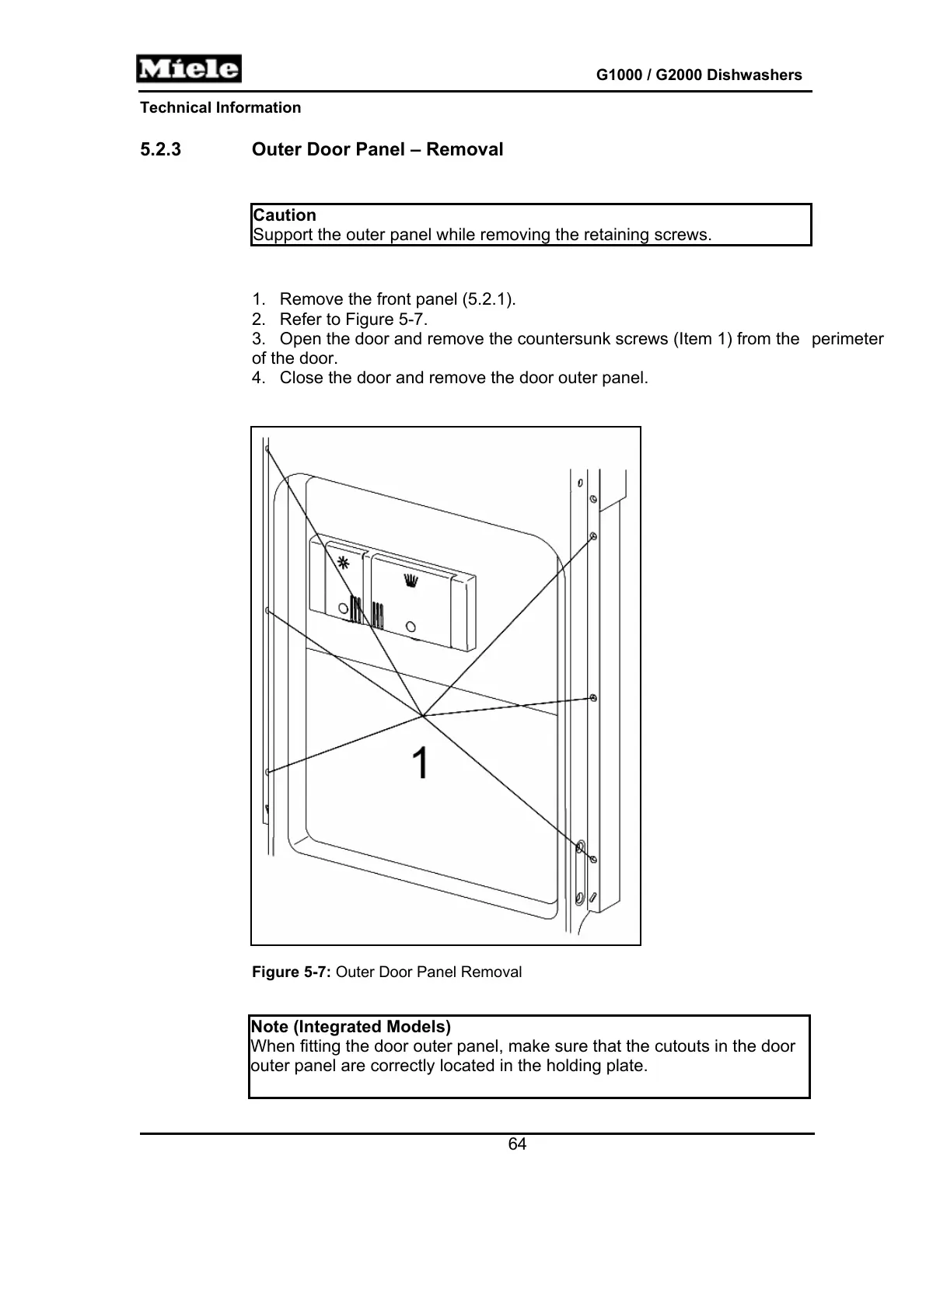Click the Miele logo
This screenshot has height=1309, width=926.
tap(189, 69)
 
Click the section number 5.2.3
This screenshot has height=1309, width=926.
tap(160, 149)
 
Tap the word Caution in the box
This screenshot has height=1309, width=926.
tap(285, 215)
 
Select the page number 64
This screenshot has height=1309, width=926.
tap(517, 1144)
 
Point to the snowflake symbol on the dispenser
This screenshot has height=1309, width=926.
tap(342, 563)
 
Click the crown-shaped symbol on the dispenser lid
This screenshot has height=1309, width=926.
tap(410, 579)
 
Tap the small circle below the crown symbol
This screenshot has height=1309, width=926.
tap(411, 627)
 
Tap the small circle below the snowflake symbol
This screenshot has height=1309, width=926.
tap(342, 608)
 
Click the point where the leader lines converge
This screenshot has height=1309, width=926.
tap(422, 715)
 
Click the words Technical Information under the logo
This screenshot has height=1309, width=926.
tap(220, 108)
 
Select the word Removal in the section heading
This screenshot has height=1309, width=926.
tap(464, 149)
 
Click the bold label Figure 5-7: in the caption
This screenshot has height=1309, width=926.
tap(292, 972)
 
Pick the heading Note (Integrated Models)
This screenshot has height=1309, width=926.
tap(351, 1027)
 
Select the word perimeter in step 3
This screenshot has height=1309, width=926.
tap(847, 339)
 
